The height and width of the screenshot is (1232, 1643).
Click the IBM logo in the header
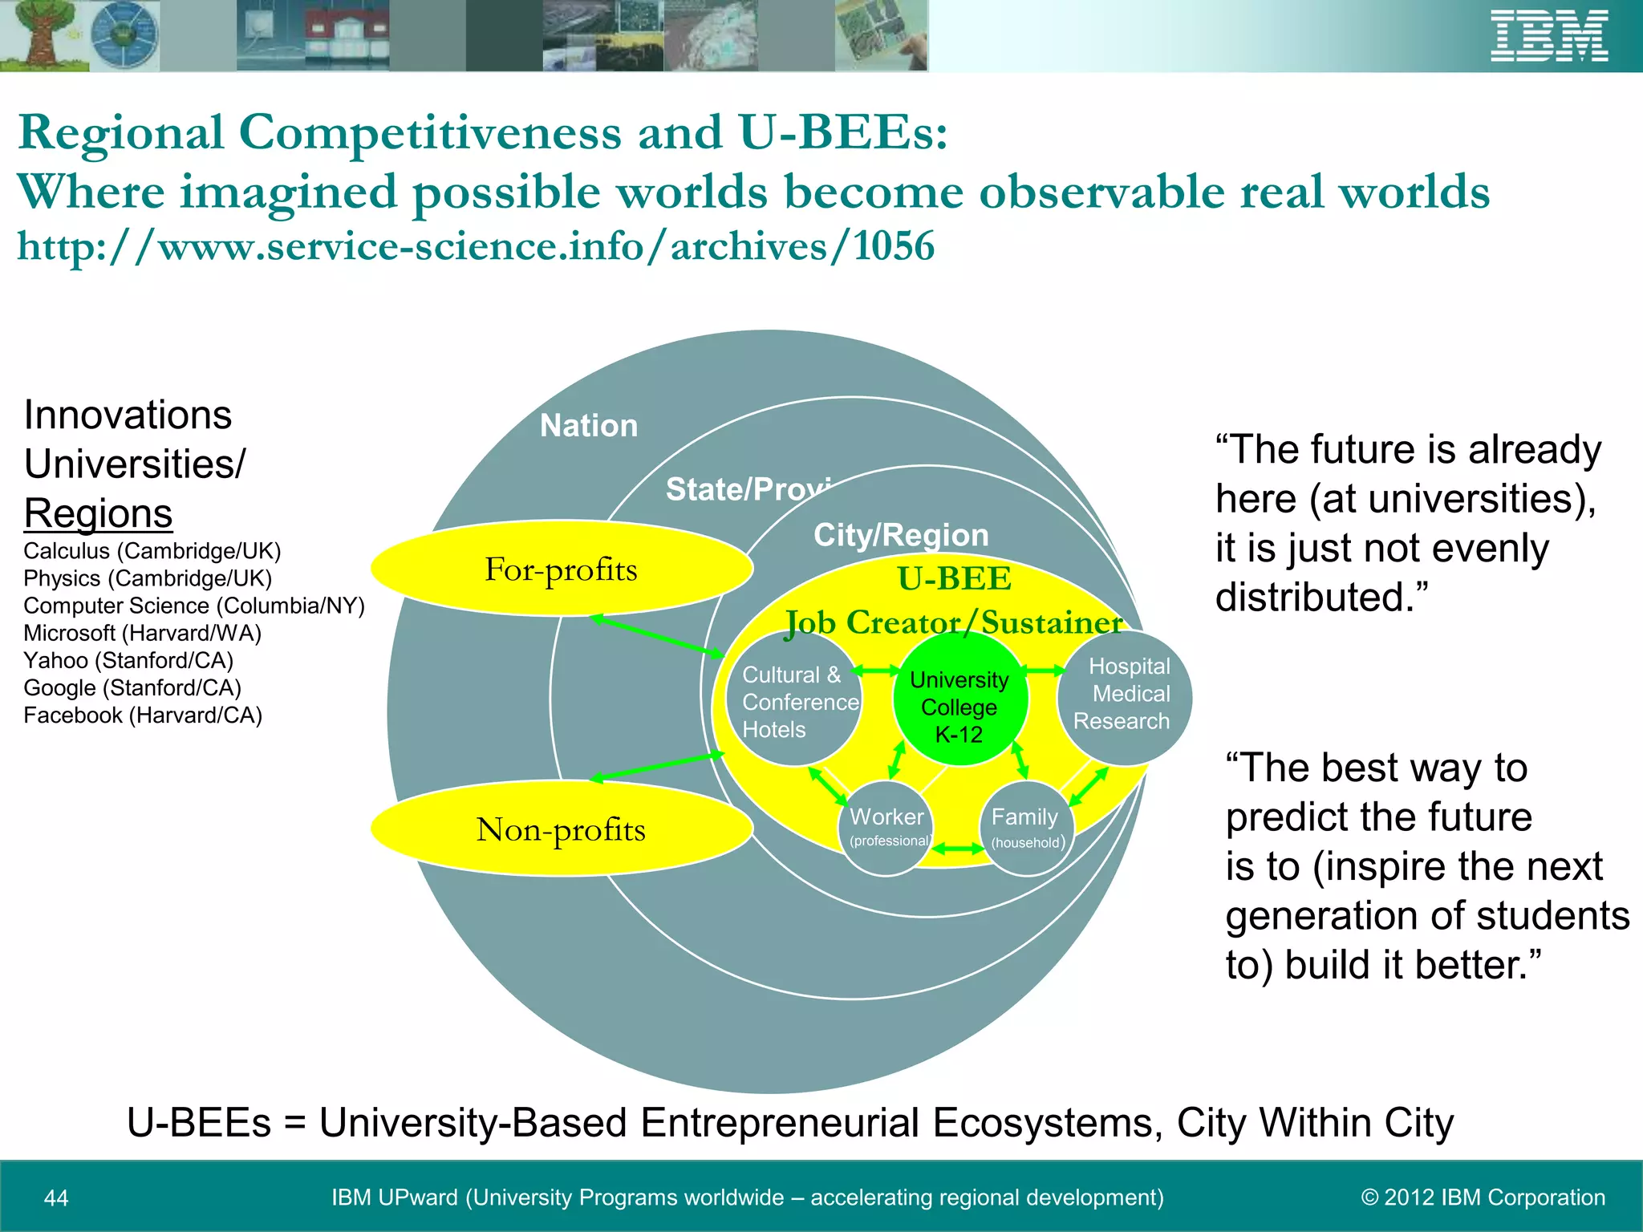[x=1548, y=36]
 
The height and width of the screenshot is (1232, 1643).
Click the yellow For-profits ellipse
[x=562, y=569]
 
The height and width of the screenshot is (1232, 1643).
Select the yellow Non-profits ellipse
[x=562, y=829]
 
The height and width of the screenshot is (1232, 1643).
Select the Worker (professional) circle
[x=886, y=827]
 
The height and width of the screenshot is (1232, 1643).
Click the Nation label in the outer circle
[x=589, y=425]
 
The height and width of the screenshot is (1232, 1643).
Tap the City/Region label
[x=901, y=535]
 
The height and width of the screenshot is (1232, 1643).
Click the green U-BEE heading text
[x=954, y=578]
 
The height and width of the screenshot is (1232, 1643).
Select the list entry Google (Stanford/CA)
[x=132, y=687]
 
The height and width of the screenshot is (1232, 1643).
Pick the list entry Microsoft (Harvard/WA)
[x=143, y=633]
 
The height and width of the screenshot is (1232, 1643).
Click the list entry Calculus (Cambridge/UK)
[x=152, y=551]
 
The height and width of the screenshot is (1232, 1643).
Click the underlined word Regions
[x=98, y=513]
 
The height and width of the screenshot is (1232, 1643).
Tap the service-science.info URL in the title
[x=476, y=245]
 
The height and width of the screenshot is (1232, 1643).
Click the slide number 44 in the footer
[x=56, y=1198]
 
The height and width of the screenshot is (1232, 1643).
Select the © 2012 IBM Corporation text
[x=1483, y=1197]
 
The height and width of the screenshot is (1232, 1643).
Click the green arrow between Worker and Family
[x=958, y=849]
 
